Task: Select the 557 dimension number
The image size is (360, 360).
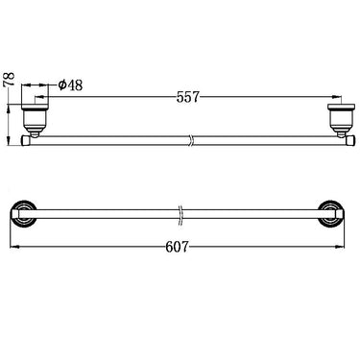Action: (x=188, y=97)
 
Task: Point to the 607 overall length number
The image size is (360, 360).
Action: (x=176, y=247)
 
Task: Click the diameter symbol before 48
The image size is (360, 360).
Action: (x=62, y=84)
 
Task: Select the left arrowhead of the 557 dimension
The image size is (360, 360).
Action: (x=40, y=97)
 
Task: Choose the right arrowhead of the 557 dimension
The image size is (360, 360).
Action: (x=337, y=97)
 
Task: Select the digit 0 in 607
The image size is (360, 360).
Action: (x=176, y=247)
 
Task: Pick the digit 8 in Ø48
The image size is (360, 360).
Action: (x=80, y=84)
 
